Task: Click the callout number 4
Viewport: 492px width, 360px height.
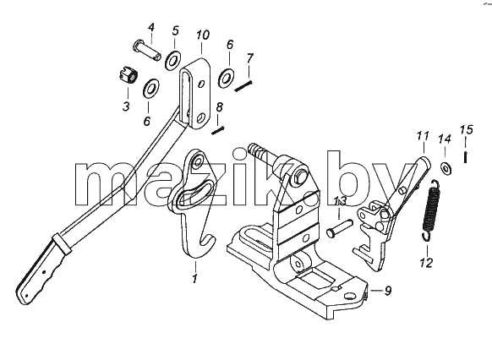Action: click(x=151, y=28)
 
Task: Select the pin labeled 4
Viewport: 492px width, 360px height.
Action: click(x=147, y=50)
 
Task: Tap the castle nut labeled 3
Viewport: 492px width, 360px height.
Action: click(x=128, y=77)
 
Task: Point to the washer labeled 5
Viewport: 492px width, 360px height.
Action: click(x=172, y=59)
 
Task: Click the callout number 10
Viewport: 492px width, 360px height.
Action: click(x=203, y=35)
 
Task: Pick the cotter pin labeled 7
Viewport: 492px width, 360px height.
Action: click(x=243, y=86)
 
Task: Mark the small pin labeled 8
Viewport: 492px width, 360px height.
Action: click(x=217, y=129)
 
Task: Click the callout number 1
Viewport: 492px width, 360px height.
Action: click(x=194, y=278)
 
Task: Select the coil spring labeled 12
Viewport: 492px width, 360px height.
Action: click(x=430, y=210)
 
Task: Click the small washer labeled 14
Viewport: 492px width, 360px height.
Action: click(x=446, y=168)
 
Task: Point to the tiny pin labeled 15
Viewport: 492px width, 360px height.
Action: click(x=466, y=157)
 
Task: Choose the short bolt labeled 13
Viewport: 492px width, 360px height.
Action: click(x=340, y=228)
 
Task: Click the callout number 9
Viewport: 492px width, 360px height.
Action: click(x=388, y=291)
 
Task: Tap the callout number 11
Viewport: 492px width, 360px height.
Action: click(x=423, y=136)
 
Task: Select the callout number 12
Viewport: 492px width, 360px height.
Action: click(x=426, y=262)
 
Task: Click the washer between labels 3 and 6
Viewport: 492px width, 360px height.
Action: click(x=151, y=88)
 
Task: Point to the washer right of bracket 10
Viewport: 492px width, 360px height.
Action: click(x=226, y=77)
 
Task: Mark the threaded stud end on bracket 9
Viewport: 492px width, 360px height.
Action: click(x=254, y=149)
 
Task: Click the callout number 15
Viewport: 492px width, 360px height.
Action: click(x=467, y=129)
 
